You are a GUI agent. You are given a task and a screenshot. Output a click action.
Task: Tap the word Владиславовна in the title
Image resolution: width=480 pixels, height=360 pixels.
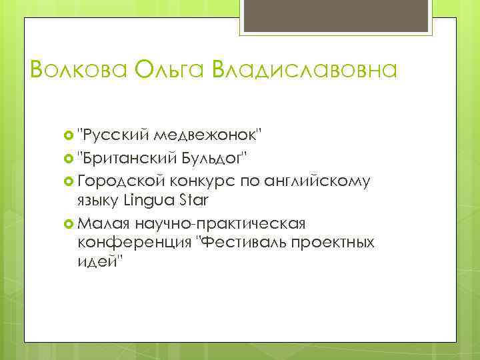pos(304,69)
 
